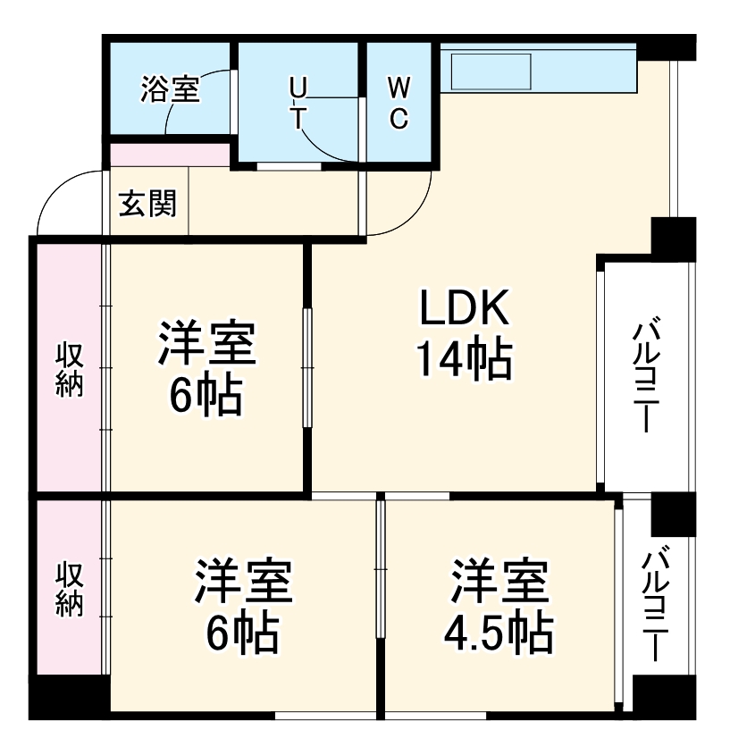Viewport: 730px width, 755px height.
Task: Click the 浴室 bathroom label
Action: point(170,89)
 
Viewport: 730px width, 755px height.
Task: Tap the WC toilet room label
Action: point(399,103)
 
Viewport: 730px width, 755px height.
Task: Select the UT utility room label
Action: point(299,103)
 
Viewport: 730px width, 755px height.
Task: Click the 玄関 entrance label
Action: point(148,205)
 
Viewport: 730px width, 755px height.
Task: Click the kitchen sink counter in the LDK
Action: point(492,71)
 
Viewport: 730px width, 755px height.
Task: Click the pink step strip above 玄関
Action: point(170,154)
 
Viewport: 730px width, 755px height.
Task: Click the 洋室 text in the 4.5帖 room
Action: point(499,582)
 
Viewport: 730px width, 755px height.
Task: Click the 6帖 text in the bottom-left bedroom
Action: point(243,633)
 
